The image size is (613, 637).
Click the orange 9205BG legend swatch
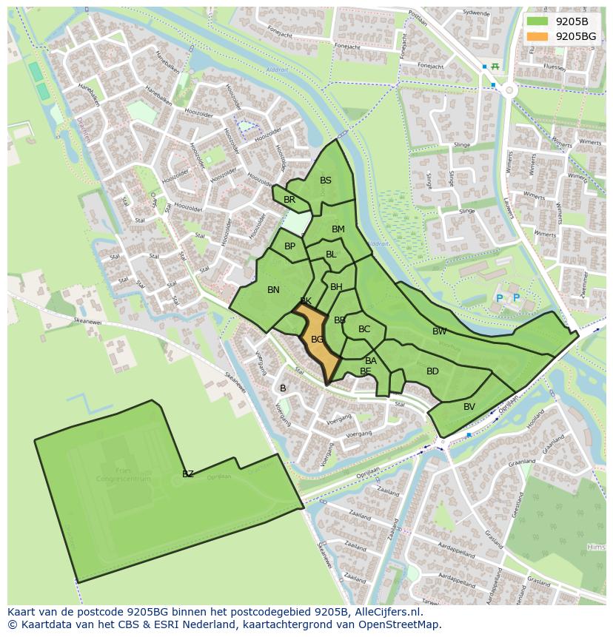pos(538,36)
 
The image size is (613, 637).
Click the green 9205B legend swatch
pos(538,21)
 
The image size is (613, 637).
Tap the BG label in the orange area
pos(317,340)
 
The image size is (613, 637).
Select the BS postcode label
pos(326,181)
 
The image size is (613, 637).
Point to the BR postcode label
pos(289,200)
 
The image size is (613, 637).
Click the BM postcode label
pos(338,229)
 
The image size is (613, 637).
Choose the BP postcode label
pos(290,246)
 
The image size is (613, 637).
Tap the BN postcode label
pos(273,290)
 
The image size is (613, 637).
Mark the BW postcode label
pos(440,331)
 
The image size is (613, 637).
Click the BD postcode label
pos(432,371)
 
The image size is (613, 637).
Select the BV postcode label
pos(469,407)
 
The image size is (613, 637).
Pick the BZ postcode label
pos(188,474)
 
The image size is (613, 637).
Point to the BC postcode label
pos(364,329)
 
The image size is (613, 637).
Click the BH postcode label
pos(336,287)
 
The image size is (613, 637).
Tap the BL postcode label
pos(331,255)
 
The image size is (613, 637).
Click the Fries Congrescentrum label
pos(123,474)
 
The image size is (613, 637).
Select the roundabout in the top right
pos(509,90)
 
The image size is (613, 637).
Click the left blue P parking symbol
pos(499,298)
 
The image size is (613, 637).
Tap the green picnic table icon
pos(495,67)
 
